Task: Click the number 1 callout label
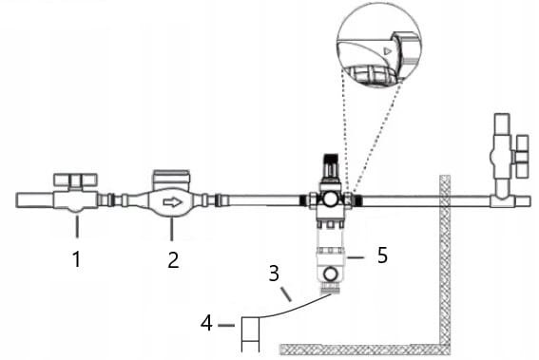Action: (x=77, y=258)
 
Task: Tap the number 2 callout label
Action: (x=173, y=259)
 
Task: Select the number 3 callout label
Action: (x=274, y=274)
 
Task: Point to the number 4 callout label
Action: (x=206, y=323)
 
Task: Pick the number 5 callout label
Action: (x=382, y=256)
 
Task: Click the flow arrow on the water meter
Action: (x=173, y=202)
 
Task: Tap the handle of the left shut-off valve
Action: (x=75, y=180)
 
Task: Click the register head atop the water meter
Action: (x=171, y=180)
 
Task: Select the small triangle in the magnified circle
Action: (x=388, y=51)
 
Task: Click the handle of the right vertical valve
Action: (x=522, y=157)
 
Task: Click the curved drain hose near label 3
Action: (x=295, y=308)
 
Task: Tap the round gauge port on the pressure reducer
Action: (x=330, y=199)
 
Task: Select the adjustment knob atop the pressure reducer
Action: (x=331, y=164)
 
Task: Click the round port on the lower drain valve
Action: (x=331, y=274)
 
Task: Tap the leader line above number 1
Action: (x=77, y=226)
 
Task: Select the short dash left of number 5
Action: (x=356, y=257)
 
